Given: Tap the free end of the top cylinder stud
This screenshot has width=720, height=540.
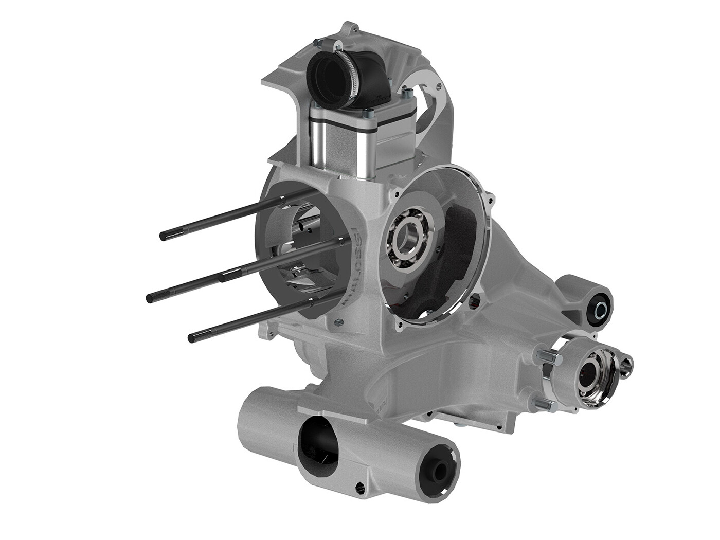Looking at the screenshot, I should [x=164, y=236].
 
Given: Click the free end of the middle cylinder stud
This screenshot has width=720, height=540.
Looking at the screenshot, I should [x=150, y=297].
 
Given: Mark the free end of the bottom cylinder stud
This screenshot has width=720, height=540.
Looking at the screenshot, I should [x=192, y=337].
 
